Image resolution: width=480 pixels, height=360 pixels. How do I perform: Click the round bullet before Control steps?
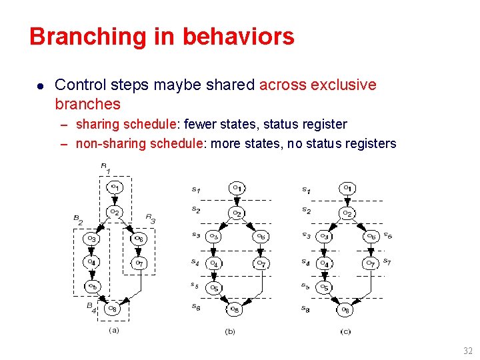pos(41,86)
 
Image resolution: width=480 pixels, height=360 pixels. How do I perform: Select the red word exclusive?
pos(343,85)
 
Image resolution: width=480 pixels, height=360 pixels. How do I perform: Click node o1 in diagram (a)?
pos(115,187)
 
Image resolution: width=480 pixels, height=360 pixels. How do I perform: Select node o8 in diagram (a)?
pos(113,309)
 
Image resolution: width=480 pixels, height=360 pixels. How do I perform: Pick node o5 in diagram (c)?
pos(324,287)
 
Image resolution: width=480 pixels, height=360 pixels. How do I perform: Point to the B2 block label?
pos(78,218)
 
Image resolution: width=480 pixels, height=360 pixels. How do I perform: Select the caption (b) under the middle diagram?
pos(230,331)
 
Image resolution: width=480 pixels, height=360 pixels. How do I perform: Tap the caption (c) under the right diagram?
pos(345,331)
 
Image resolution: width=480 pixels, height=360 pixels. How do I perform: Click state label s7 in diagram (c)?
pos(387,262)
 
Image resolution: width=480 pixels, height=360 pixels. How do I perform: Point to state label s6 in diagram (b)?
pos(195,307)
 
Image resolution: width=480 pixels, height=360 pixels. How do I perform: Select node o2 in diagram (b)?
pos(236,213)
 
